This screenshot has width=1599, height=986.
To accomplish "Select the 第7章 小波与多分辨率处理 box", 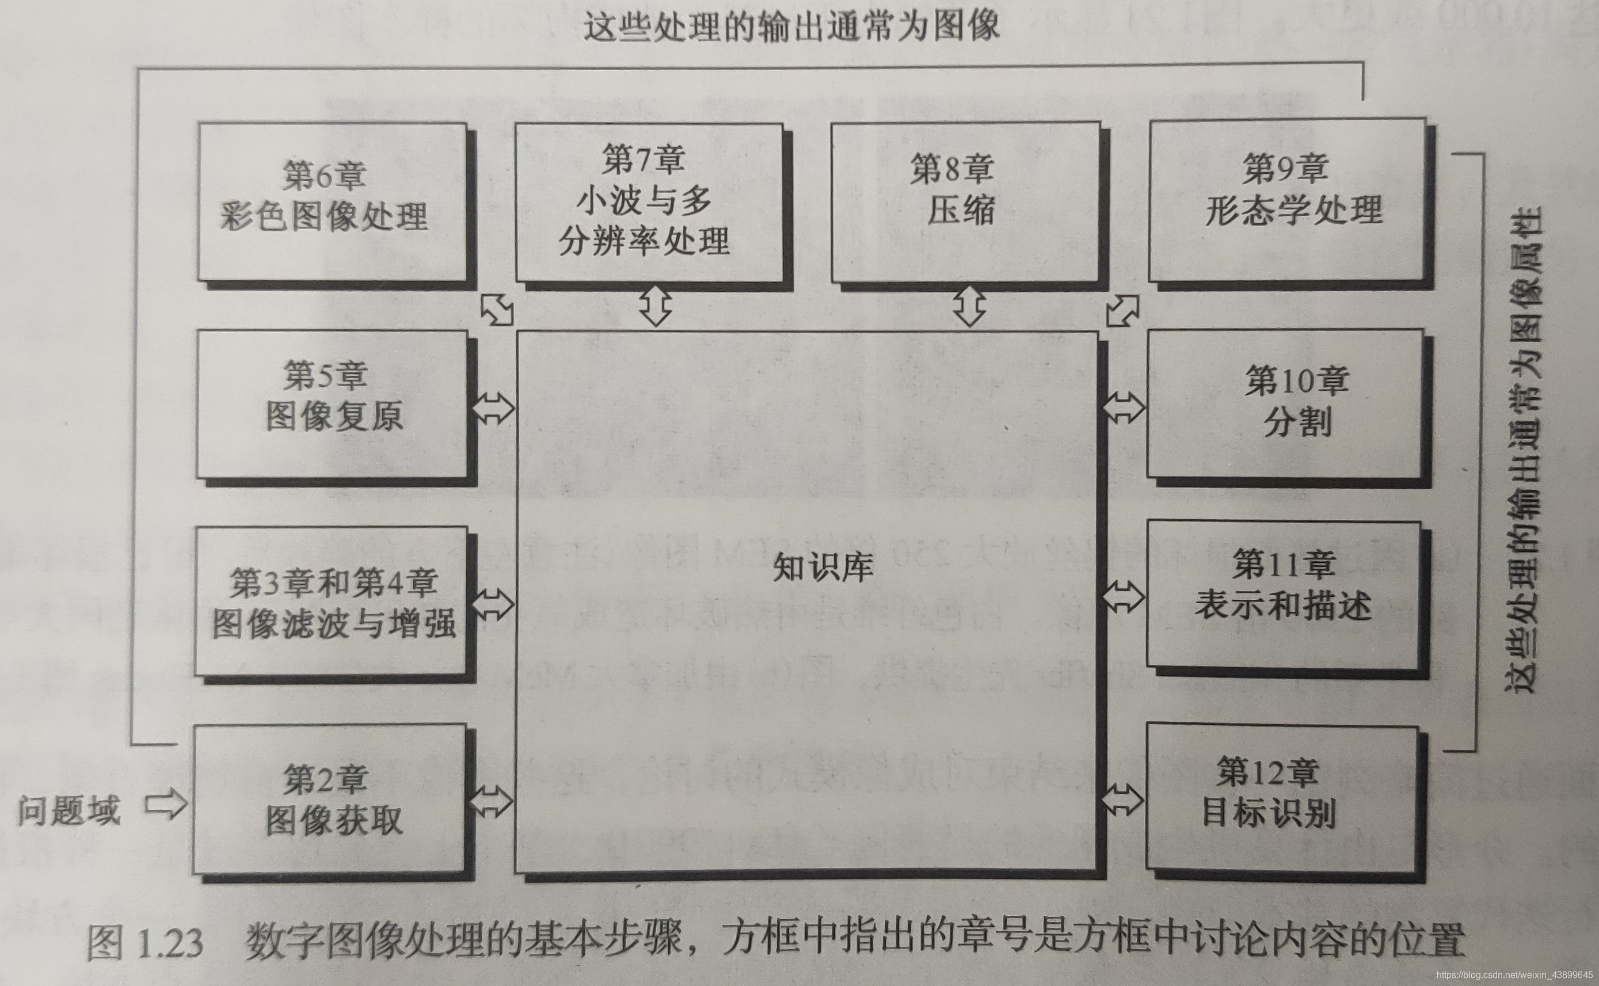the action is tap(649, 202).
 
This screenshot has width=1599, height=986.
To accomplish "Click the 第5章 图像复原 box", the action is tap(333, 404).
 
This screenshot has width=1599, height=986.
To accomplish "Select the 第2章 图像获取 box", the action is tap(330, 799).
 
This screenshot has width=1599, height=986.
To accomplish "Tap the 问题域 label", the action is tap(69, 810).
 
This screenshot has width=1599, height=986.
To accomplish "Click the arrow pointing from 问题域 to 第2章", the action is tap(166, 804).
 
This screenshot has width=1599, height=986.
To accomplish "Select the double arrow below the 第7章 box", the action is tap(656, 306).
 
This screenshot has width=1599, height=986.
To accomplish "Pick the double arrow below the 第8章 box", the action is tap(969, 306).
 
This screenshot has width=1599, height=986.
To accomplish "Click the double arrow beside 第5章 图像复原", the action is tap(494, 408).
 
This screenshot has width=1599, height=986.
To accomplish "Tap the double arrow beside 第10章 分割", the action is tap(1123, 408).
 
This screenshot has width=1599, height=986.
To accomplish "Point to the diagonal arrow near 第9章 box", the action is tap(1122, 310).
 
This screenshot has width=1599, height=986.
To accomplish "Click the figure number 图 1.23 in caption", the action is tap(145, 942).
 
